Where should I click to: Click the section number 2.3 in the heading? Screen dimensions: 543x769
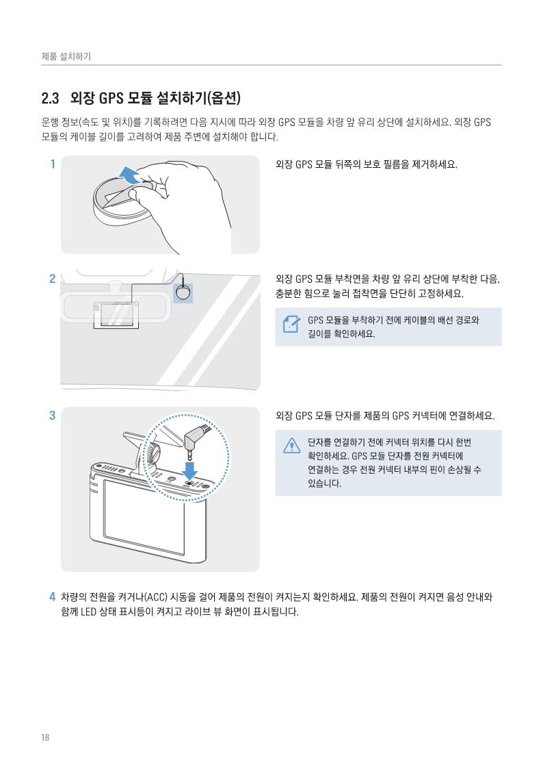pyautogui.click(x=50, y=99)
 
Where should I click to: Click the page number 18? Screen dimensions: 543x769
pyautogui.click(x=45, y=738)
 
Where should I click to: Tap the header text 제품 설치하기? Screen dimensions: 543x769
pyautogui.click(x=66, y=56)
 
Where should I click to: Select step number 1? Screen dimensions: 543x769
pyautogui.click(x=53, y=164)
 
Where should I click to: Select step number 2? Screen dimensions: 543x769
pyautogui.click(x=53, y=279)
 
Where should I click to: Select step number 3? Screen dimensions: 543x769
pyautogui.click(x=53, y=416)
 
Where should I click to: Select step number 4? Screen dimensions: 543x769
pyautogui.click(x=53, y=597)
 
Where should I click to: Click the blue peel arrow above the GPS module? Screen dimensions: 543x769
pyautogui.click(x=129, y=174)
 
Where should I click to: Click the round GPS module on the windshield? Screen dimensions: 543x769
pyautogui.click(x=183, y=293)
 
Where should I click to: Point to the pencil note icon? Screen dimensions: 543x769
pyautogui.click(x=292, y=324)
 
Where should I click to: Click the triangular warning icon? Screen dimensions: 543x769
pyautogui.click(x=292, y=445)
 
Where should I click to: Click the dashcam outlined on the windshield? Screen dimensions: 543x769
pyautogui.click(x=116, y=316)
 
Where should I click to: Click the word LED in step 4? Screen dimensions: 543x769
pyautogui.click(x=89, y=612)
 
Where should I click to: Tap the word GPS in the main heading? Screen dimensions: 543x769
pyautogui.click(x=111, y=99)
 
